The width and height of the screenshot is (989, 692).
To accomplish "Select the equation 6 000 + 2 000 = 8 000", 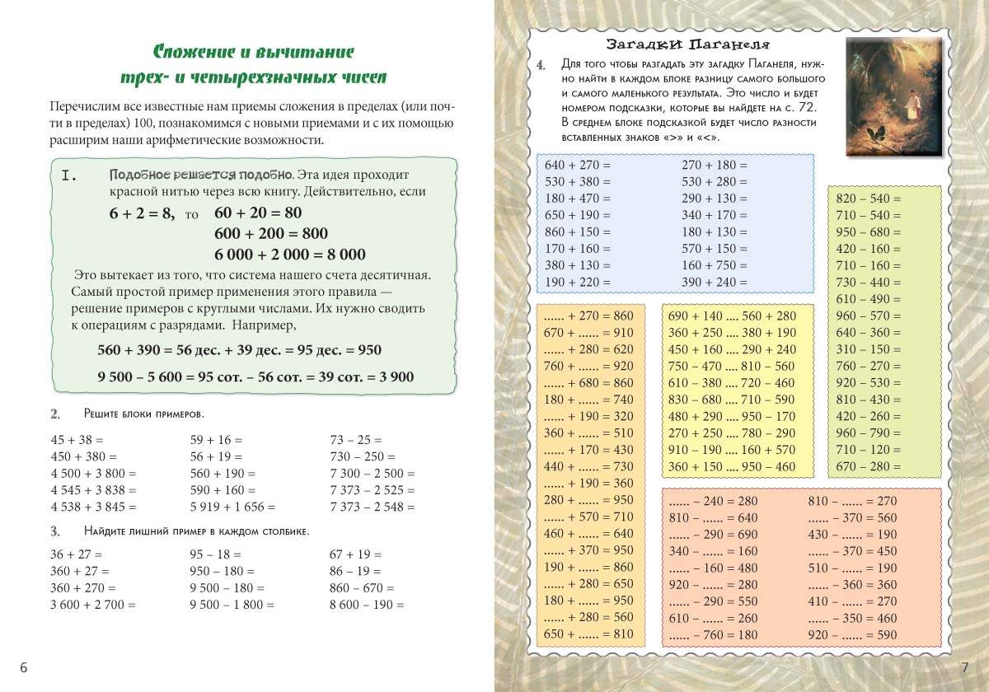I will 289,255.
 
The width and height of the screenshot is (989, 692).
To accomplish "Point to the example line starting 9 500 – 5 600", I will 255,376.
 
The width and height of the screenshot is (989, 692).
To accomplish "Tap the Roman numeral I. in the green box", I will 69,175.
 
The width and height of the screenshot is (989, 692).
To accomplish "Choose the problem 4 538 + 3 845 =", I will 93,507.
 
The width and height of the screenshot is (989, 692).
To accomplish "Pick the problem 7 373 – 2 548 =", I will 372,507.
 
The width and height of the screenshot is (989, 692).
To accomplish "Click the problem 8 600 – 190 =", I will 367,605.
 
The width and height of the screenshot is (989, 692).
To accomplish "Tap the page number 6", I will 23,667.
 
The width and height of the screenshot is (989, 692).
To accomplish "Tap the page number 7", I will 964,667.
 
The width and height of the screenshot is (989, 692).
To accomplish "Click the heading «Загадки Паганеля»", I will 687,44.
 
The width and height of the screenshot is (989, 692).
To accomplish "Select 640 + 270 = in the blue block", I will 578,165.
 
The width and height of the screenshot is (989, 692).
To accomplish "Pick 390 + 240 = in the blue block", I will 715,282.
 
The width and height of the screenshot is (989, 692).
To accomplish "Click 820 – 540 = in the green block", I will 869,199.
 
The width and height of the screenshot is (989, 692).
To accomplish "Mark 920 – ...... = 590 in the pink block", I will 852,634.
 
